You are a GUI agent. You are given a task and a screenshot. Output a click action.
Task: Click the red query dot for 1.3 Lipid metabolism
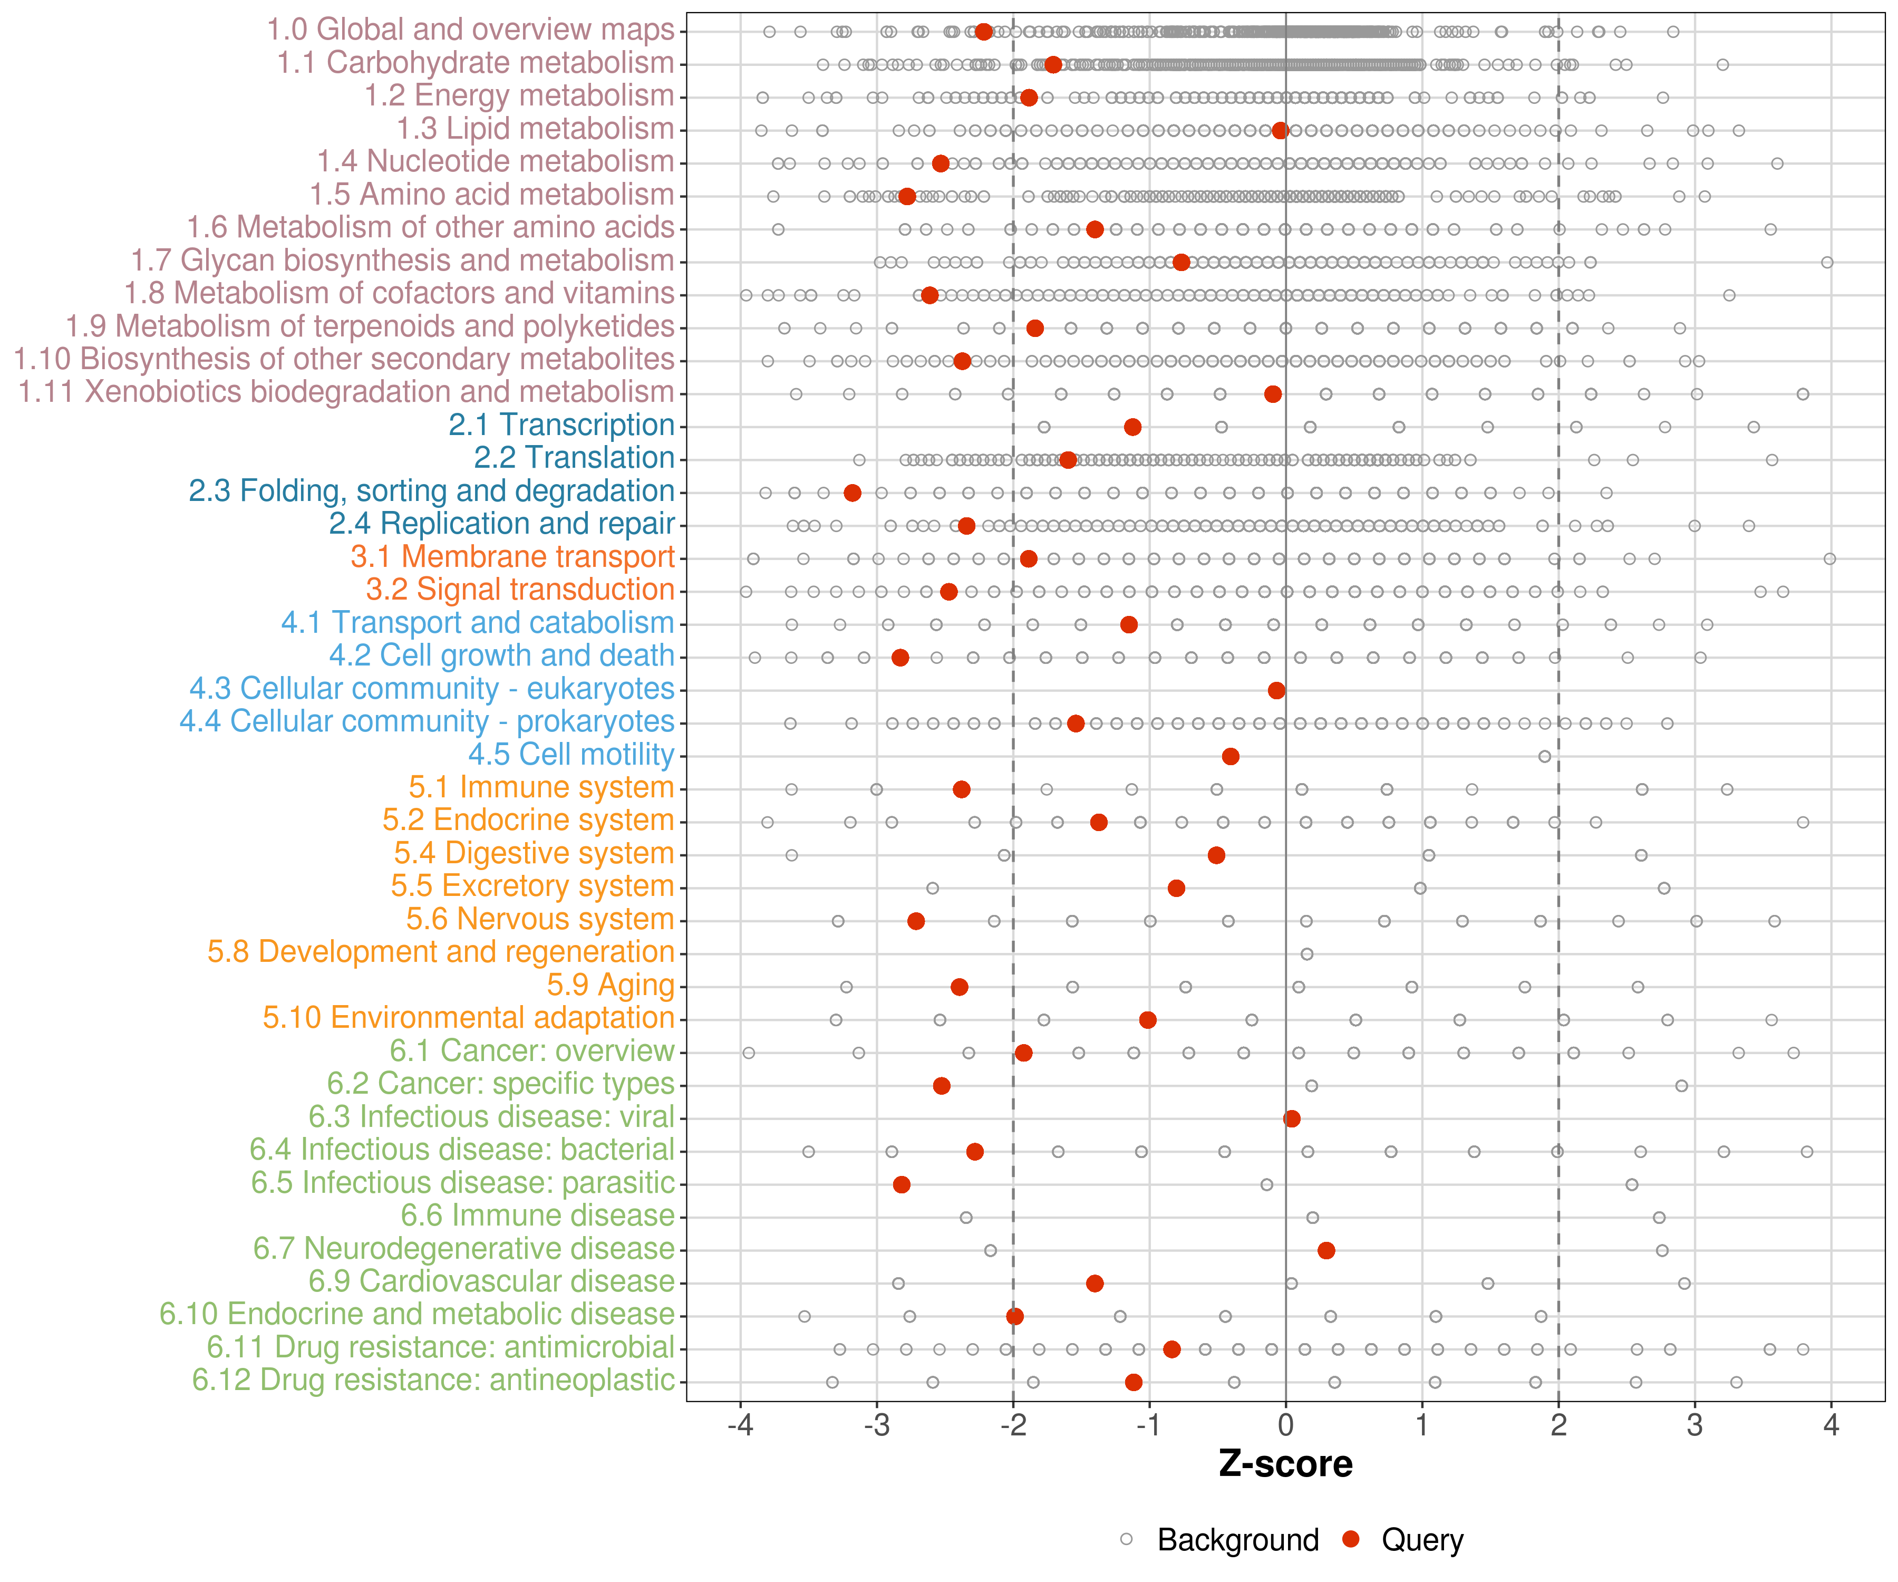(x=1280, y=131)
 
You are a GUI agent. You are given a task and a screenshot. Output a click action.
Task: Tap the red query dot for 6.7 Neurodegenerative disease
(x=1326, y=1250)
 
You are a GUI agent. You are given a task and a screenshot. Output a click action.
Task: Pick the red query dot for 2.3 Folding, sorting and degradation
(x=853, y=493)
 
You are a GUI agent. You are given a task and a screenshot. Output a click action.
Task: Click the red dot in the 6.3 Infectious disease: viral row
(x=1292, y=1118)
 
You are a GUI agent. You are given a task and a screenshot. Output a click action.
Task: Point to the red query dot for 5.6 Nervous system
(x=916, y=921)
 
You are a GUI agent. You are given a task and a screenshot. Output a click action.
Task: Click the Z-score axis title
(x=1285, y=1463)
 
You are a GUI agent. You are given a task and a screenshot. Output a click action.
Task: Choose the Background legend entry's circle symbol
(x=1126, y=1539)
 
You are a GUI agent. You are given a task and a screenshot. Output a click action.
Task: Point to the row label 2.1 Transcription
(x=561, y=425)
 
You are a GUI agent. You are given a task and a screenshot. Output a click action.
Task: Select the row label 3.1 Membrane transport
(x=512, y=557)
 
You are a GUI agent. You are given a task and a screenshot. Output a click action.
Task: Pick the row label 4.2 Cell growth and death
(x=501, y=655)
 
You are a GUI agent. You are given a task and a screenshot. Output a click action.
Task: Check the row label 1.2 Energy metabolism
(x=519, y=96)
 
